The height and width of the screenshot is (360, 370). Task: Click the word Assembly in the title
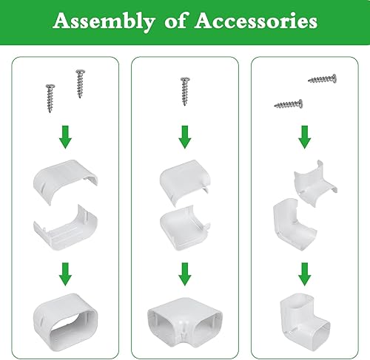coord(98,21)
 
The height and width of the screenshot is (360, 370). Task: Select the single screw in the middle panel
coord(185,90)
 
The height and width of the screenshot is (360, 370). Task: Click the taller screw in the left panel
coord(78,84)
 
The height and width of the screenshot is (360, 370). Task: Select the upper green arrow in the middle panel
coord(185,136)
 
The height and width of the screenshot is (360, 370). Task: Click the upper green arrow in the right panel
coord(305,136)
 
